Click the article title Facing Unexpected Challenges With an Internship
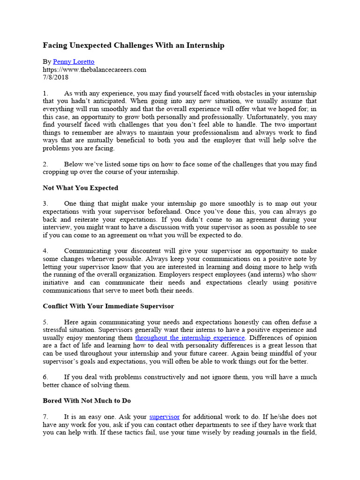click(134, 45)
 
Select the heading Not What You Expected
click(81, 188)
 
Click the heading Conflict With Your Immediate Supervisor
click(108, 306)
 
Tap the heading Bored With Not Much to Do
click(87, 401)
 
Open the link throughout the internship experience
click(190, 337)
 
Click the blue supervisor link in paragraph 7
click(165, 416)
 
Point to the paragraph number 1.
click(45, 93)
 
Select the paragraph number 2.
click(45, 164)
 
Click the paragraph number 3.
click(45, 203)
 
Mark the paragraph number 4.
click(45, 251)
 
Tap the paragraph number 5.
click(45, 322)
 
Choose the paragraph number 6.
click(45, 377)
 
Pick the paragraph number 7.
click(45, 416)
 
